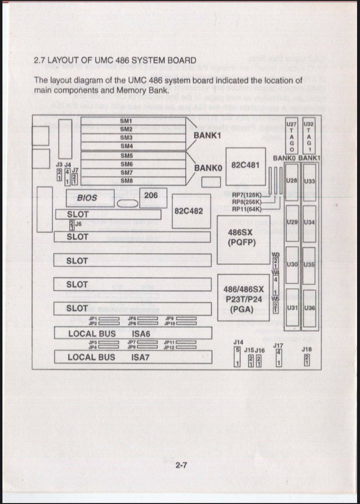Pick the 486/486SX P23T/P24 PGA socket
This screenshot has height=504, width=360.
243,298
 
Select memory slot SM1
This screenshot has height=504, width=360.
126,121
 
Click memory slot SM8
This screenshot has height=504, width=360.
126,180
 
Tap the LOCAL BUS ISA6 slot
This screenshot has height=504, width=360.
133,333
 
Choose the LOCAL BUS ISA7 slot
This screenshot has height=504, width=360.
133,357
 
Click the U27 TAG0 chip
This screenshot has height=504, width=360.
291,136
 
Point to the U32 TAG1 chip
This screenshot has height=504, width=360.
309,136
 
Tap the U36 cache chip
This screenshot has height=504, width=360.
310,308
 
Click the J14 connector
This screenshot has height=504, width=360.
237,357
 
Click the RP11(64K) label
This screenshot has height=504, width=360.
246,209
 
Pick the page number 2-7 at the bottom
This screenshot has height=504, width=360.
181,465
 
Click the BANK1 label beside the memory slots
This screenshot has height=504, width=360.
207,136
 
